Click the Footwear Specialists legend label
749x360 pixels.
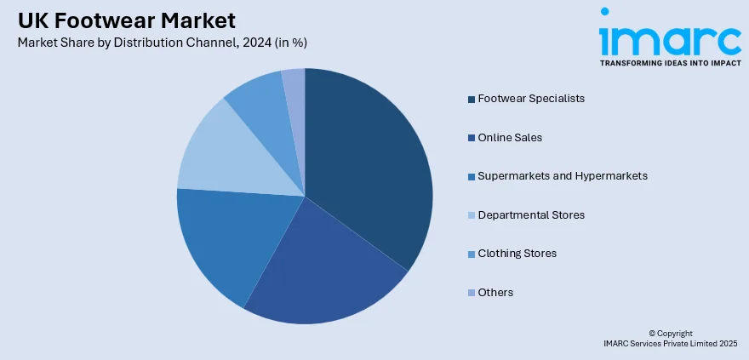(x=531, y=99)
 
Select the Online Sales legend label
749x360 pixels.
(x=510, y=137)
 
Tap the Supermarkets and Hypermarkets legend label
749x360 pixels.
(x=563, y=176)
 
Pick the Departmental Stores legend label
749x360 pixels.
(x=531, y=214)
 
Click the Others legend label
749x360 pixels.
(x=495, y=292)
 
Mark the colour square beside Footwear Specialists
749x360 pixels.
(x=471, y=100)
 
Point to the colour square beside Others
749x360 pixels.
(x=471, y=293)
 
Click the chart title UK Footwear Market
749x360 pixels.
(x=127, y=20)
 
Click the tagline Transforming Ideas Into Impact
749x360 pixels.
(x=670, y=63)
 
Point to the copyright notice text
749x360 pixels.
(x=670, y=337)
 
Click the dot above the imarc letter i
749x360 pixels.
(x=605, y=12)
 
